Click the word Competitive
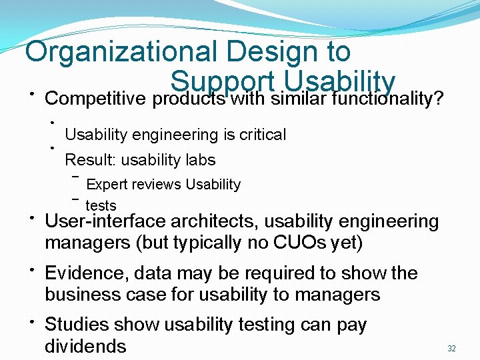tap(95, 99)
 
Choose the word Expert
tap(107, 184)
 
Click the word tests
tap(101, 206)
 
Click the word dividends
tap(85, 347)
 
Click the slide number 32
tap(451, 349)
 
